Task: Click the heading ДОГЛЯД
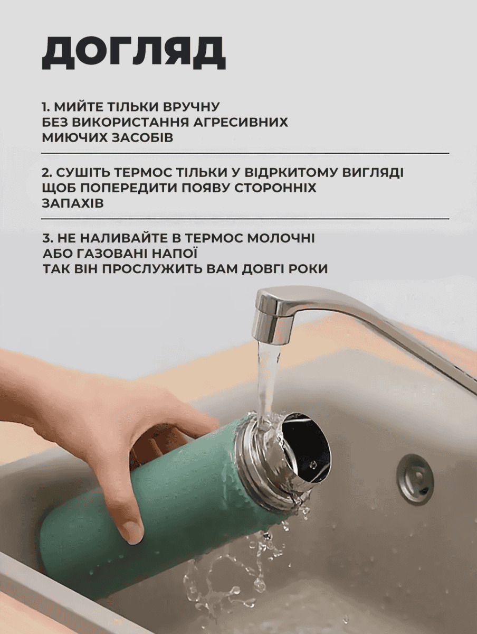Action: click(133, 53)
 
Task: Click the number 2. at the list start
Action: click(46, 173)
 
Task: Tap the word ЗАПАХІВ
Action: click(73, 203)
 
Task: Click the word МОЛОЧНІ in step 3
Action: click(281, 238)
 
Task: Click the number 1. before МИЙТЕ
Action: click(46, 107)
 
